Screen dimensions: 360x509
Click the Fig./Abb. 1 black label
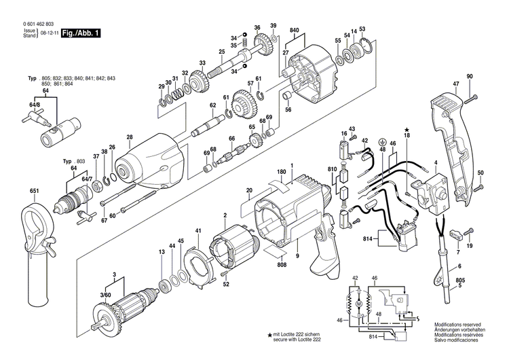pos(79,32)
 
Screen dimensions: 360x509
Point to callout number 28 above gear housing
pos(130,139)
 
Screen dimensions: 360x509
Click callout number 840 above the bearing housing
pos(295,31)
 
